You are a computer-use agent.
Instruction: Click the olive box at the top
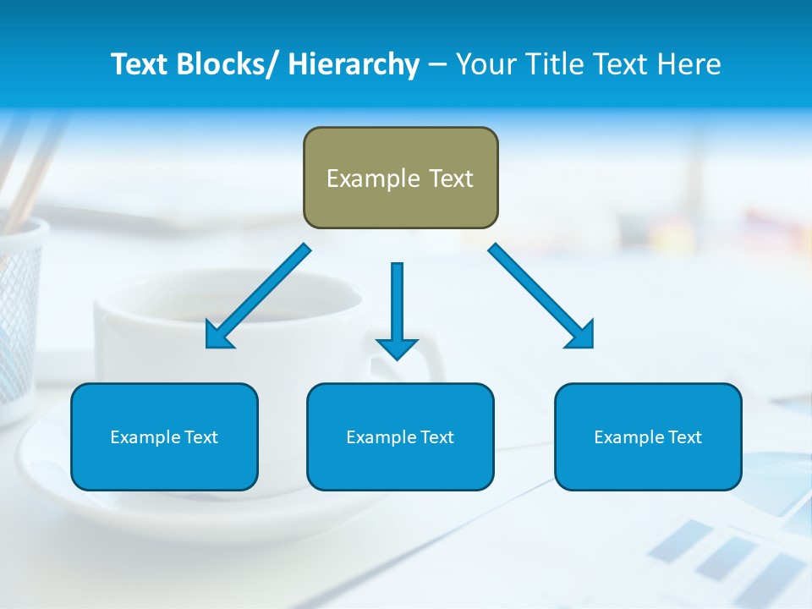pyautogui.click(x=400, y=178)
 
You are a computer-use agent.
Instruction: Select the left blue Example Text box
pyautogui.click(x=164, y=436)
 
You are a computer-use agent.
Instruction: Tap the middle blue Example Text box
pyautogui.click(x=400, y=436)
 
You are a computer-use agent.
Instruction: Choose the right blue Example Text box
pyautogui.click(x=648, y=436)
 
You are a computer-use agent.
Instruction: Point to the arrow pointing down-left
pyautogui.click(x=258, y=296)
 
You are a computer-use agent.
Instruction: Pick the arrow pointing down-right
pyautogui.click(x=541, y=296)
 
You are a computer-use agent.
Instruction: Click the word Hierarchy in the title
pyautogui.click(x=354, y=64)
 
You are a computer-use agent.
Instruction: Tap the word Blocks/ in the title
pyautogui.click(x=228, y=64)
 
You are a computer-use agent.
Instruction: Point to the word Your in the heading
pyautogui.click(x=484, y=64)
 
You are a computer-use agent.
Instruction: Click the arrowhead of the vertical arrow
pyautogui.click(x=397, y=348)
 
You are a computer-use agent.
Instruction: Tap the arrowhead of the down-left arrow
pyautogui.click(x=217, y=336)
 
